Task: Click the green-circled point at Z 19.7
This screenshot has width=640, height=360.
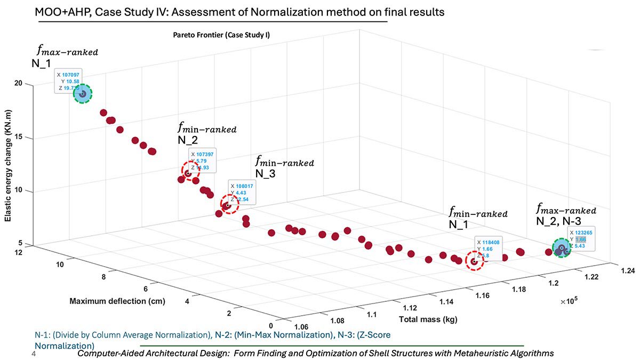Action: click(83, 94)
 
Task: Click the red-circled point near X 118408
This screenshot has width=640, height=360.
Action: click(474, 261)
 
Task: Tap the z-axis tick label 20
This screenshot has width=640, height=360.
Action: click(20, 84)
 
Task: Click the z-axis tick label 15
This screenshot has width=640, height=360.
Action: click(20, 138)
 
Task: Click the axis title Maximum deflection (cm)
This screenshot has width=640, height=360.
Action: click(117, 301)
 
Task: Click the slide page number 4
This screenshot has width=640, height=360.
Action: click(34, 354)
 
